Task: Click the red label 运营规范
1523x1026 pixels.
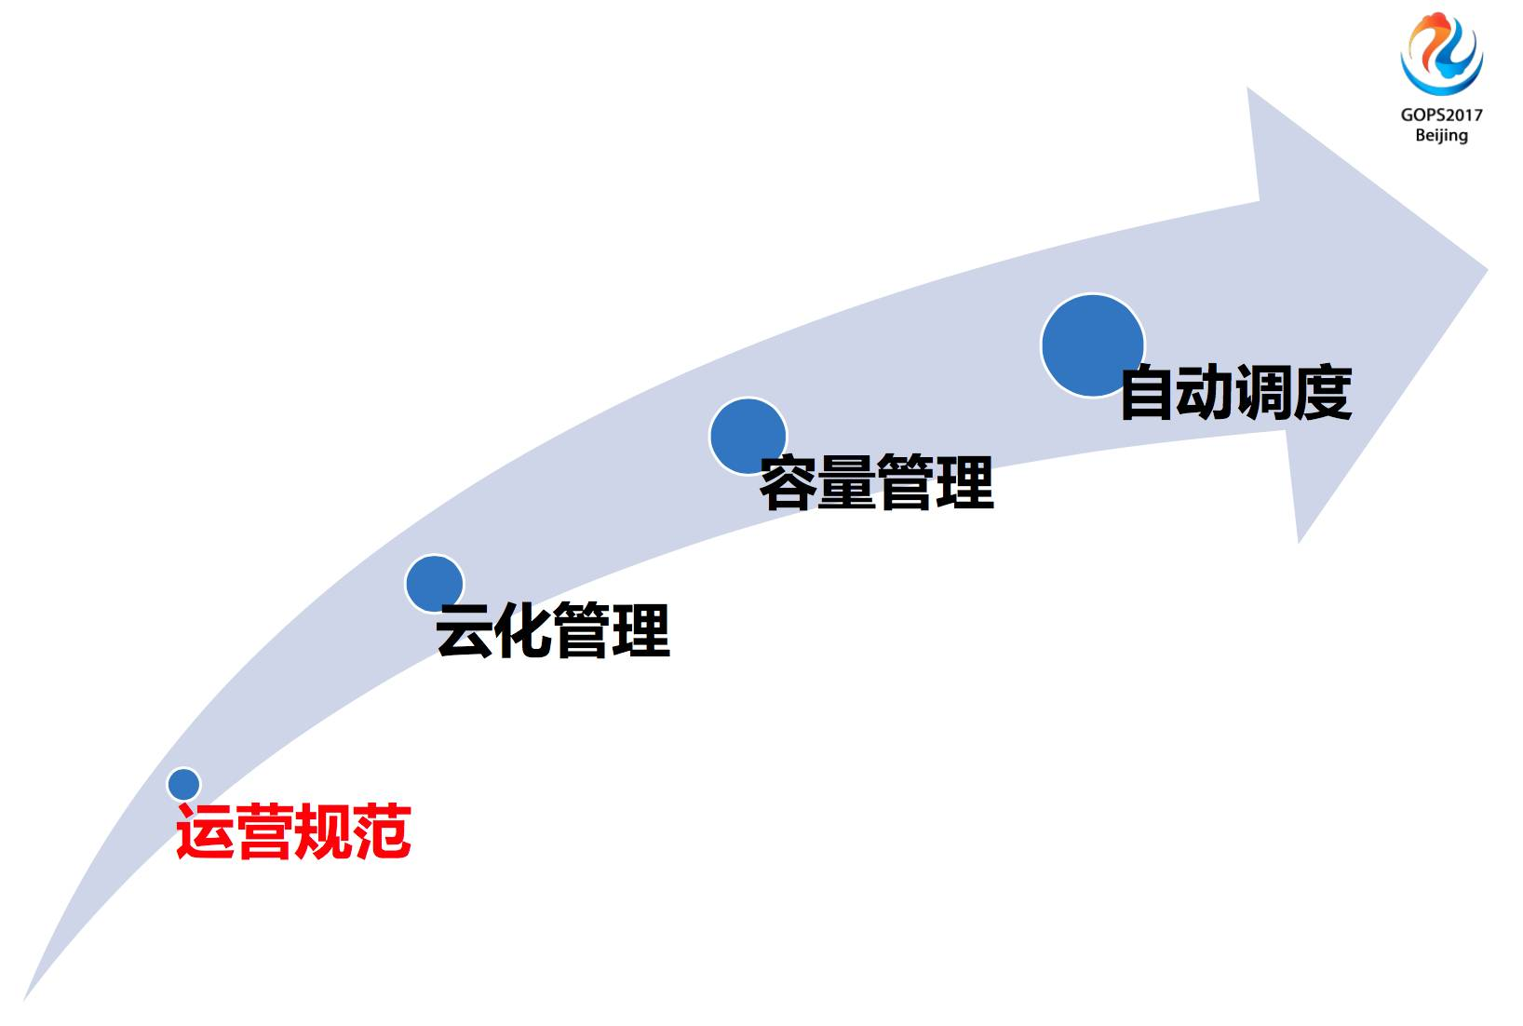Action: point(293,831)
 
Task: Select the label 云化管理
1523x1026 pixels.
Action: point(553,630)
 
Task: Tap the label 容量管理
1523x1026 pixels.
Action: point(877,482)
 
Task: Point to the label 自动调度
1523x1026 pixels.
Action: point(1235,393)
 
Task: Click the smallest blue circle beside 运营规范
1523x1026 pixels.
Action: point(184,784)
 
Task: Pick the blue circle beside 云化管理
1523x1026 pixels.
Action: point(434,583)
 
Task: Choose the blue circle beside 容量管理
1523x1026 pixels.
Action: point(748,436)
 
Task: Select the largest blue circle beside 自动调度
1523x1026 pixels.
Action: point(1092,345)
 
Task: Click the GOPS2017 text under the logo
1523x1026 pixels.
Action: point(1441,115)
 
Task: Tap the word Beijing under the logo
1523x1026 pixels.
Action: point(1441,136)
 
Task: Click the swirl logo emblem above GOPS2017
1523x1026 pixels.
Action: point(1441,54)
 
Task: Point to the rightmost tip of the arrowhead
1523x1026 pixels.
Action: point(1486,270)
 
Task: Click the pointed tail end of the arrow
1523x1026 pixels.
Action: point(26,998)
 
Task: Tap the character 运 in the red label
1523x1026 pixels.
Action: point(205,831)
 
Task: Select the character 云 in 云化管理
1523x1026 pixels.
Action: point(465,630)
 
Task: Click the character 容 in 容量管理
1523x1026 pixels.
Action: point(789,482)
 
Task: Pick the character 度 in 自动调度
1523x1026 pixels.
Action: point(1323,393)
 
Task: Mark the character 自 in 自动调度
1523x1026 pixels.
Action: point(1148,393)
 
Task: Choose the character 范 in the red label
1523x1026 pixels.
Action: point(382,831)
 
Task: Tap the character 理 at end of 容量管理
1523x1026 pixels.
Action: point(965,482)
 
